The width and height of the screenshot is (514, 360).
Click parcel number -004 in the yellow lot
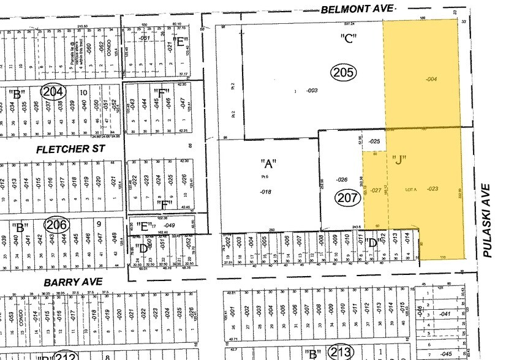[431, 78]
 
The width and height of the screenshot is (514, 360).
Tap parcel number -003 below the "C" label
[312, 91]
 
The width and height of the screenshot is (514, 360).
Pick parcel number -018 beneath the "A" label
[265, 192]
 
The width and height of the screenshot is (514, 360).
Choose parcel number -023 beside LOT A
[433, 189]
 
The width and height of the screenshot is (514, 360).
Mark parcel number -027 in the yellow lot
[376, 190]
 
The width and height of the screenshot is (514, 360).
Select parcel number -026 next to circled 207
[342, 179]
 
